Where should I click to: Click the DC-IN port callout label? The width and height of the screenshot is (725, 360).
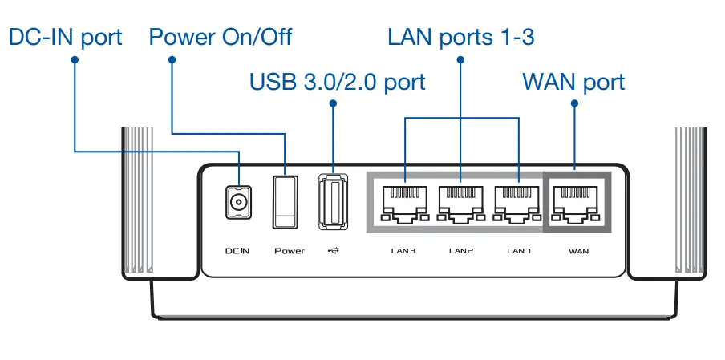[x=65, y=38]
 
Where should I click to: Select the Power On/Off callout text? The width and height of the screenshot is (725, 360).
[x=221, y=38]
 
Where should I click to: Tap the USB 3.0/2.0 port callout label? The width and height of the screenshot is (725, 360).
[x=337, y=82]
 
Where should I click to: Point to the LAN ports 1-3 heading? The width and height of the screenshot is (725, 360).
[x=460, y=38]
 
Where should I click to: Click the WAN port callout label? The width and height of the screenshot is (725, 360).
[x=573, y=82]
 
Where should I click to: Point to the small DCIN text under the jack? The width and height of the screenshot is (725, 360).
[x=237, y=251]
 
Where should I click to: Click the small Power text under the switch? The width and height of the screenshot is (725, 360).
[x=290, y=251]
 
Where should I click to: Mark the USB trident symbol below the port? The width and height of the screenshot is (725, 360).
[x=334, y=251]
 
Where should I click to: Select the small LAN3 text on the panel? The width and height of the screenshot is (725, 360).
[x=403, y=251]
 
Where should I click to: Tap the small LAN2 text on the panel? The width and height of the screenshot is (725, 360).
[x=461, y=251]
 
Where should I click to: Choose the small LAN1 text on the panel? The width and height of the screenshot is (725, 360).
[x=520, y=251]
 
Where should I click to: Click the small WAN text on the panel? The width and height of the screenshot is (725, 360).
[x=578, y=251]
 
